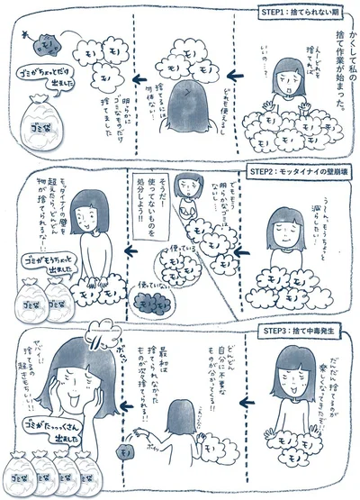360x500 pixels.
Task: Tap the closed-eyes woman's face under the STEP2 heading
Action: coord(279,223)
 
